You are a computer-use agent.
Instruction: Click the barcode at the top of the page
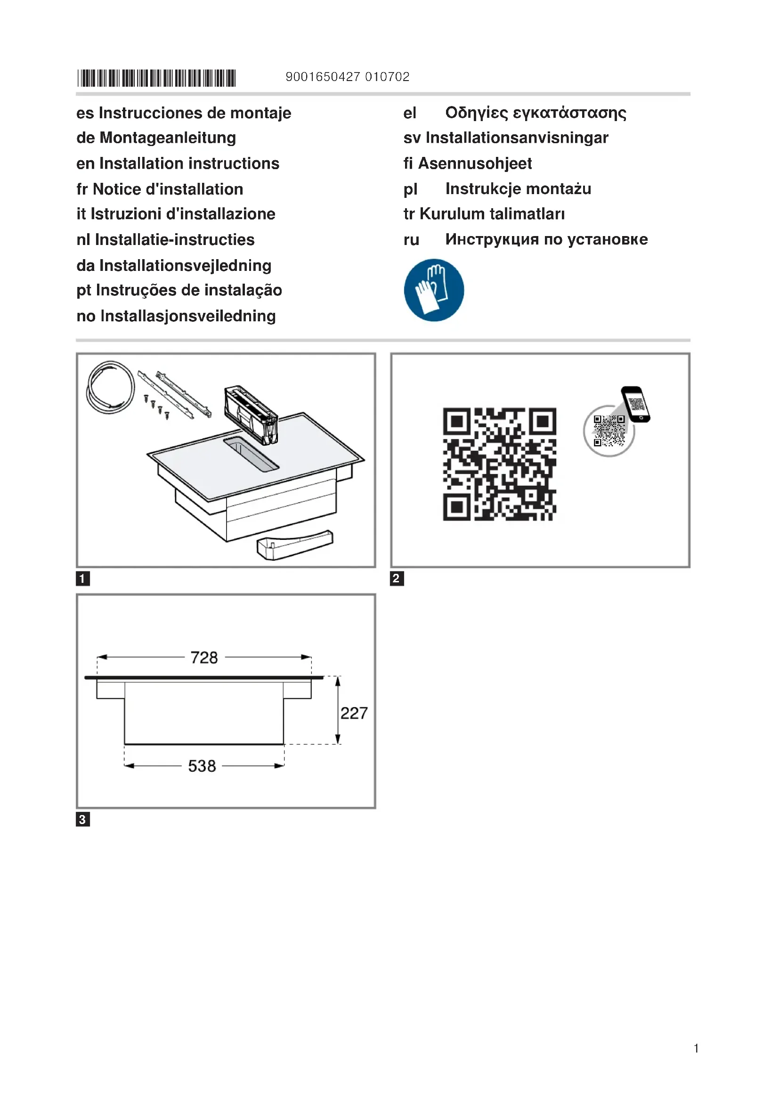click(x=156, y=78)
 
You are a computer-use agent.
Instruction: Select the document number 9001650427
click(x=322, y=77)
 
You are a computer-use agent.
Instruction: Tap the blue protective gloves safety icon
click(x=434, y=290)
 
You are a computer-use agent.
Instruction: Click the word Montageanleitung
click(x=167, y=138)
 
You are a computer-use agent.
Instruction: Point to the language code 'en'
click(x=85, y=163)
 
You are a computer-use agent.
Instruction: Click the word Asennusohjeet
click(x=475, y=163)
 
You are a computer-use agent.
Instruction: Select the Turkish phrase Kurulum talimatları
click(x=492, y=214)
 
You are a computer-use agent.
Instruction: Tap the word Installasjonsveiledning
click(x=188, y=316)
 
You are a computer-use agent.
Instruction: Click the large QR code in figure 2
click(x=499, y=464)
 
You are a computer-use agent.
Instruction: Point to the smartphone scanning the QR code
click(x=635, y=404)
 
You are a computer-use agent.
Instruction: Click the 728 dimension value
click(x=204, y=658)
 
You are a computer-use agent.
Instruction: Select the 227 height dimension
click(x=354, y=713)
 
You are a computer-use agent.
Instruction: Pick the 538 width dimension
click(x=202, y=766)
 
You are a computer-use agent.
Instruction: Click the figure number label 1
click(x=82, y=579)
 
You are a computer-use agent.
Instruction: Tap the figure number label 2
click(x=397, y=579)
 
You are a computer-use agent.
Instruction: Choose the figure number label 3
click(x=82, y=819)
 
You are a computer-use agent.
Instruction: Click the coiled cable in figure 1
click(x=110, y=387)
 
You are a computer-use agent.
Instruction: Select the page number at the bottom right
click(x=696, y=1048)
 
